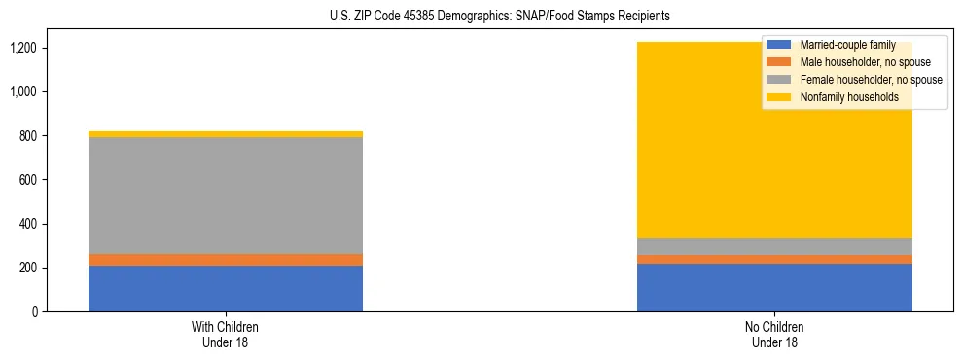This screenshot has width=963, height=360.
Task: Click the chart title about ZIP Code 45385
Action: (x=481, y=17)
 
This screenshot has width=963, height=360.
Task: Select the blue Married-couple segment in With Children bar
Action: (x=226, y=288)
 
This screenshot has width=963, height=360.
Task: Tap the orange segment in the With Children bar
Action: (x=226, y=260)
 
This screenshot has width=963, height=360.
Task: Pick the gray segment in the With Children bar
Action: (x=226, y=196)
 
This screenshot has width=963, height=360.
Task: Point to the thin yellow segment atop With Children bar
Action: (x=226, y=134)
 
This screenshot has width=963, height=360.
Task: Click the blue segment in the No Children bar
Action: (x=774, y=287)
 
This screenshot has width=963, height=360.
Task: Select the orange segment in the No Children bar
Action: (x=774, y=259)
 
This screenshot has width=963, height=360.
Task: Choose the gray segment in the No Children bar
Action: (x=774, y=246)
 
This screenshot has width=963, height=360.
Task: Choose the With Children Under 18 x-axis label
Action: (x=226, y=334)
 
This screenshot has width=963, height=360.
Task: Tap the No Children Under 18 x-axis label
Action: (x=774, y=334)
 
